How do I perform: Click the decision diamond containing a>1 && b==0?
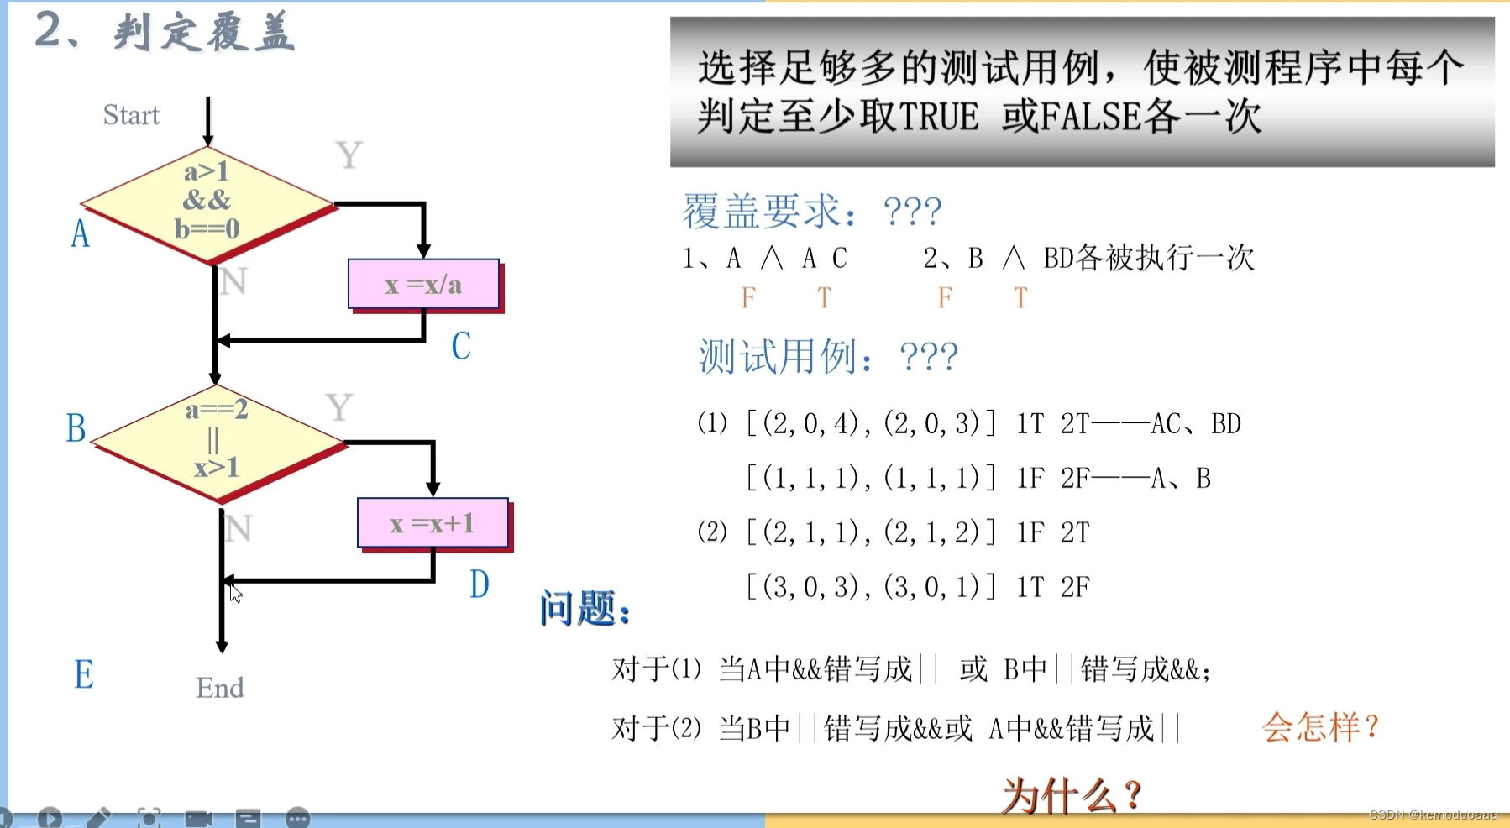pos(207,202)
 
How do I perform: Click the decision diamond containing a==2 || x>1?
pos(217,440)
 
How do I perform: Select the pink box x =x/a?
pos(423,285)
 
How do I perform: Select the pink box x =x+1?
pos(433,523)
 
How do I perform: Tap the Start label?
pos(131,115)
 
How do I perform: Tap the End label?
pos(220,688)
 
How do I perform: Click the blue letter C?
pos(461,346)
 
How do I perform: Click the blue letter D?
pos(479,584)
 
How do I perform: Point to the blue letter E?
pos(84,674)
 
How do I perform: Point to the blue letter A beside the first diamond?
pos(80,233)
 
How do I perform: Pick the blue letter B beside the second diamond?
pos(76,428)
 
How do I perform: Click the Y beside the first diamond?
pos(349,155)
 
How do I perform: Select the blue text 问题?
pos(585,608)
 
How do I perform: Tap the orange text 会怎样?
pos(1320,726)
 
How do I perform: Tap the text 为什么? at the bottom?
pos(1072,794)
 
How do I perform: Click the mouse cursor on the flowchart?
pos(235,593)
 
